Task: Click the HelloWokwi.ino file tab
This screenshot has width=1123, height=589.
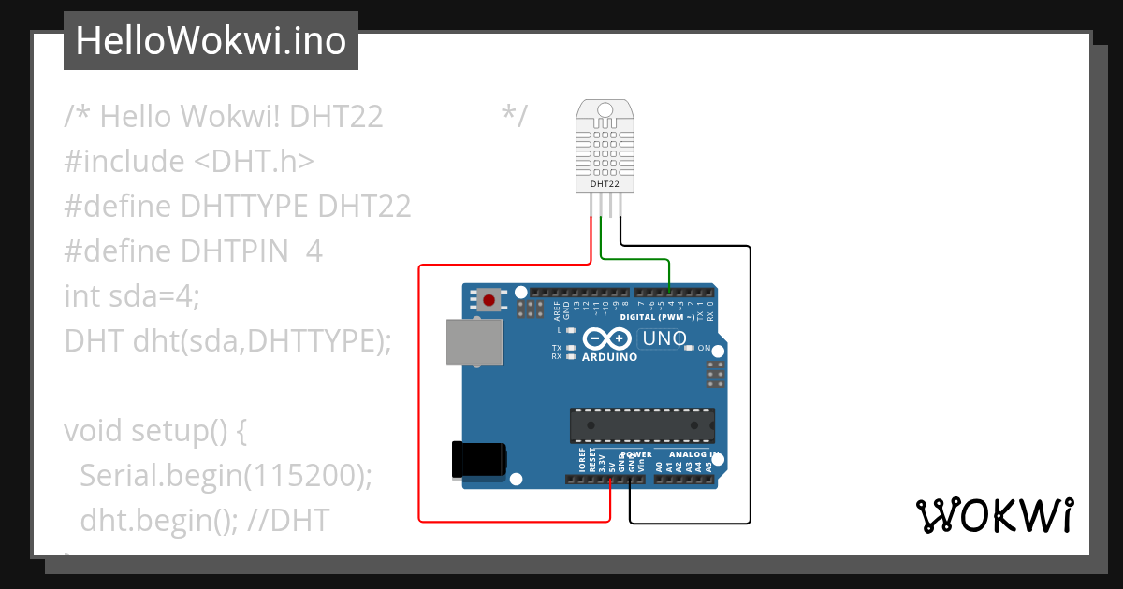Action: click(211, 41)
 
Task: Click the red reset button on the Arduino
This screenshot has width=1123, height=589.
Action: click(489, 300)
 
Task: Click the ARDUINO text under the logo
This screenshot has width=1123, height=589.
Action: click(609, 357)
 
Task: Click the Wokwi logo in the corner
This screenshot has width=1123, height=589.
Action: click(993, 516)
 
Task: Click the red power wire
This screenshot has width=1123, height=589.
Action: click(418, 393)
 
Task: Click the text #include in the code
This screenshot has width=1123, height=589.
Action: click(124, 161)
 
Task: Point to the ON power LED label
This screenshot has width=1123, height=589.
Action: click(704, 348)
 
